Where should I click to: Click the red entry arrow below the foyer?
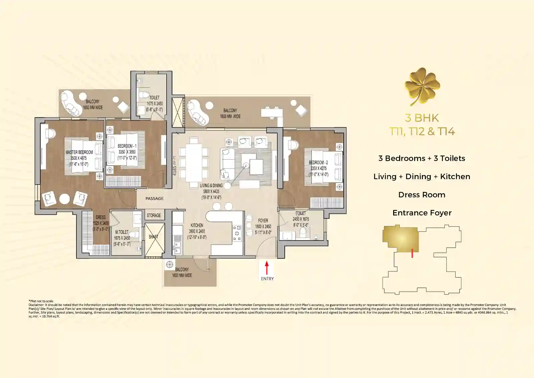267,268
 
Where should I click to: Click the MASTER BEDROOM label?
79,152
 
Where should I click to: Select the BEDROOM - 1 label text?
127,146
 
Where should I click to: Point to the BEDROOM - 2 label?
318,163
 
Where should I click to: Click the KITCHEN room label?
197,226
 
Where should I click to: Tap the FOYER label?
263,221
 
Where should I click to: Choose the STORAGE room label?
154,216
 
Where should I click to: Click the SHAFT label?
153,237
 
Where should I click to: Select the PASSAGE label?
155,199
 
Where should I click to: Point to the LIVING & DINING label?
211,185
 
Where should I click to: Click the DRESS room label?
100,217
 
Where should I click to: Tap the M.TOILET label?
122,232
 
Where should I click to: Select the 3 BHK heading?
422,118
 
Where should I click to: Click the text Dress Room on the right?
422,195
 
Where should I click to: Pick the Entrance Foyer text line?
422,213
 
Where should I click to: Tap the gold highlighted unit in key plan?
400,239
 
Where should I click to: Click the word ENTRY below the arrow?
267,279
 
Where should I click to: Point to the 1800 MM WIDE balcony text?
230,116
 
